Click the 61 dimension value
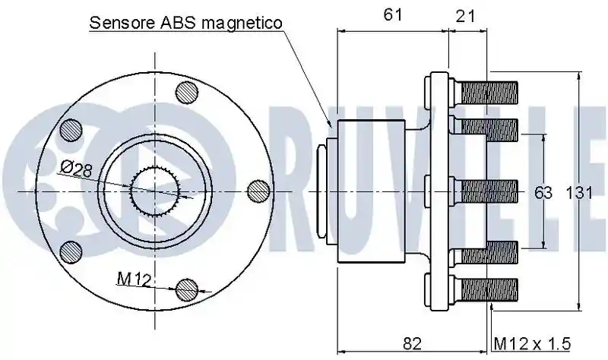393,14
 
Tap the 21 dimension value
464,16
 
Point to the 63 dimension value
543,193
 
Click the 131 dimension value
579,193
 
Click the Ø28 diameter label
77,169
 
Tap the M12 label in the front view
134,279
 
